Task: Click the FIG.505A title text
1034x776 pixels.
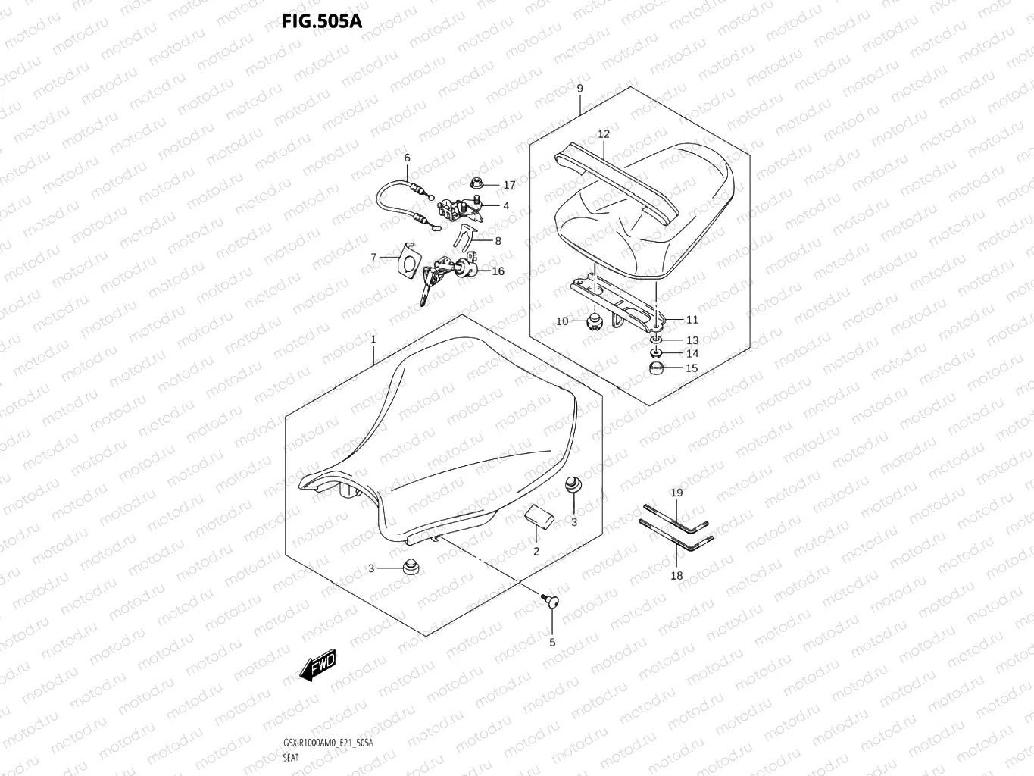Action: click(322, 21)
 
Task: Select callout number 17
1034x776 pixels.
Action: click(509, 185)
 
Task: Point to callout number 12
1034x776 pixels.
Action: click(603, 134)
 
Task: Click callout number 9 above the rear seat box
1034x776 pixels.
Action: click(579, 89)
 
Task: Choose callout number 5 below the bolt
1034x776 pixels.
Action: click(552, 642)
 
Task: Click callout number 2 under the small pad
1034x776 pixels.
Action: click(536, 551)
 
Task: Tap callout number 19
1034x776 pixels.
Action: click(676, 493)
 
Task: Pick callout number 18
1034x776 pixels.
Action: click(676, 575)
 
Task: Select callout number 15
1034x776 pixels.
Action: click(692, 368)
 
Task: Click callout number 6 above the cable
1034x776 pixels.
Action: click(407, 158)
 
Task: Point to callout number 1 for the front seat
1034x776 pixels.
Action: click(373, 340)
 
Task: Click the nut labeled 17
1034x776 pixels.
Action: click(478, 183)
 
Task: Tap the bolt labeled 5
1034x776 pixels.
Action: click(549, 602)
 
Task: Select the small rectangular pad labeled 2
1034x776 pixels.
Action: click(539, 518)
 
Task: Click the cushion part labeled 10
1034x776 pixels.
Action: click(592, 323)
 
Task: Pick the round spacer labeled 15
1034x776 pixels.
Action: click(658, 369)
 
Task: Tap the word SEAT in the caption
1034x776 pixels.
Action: click(291, 757)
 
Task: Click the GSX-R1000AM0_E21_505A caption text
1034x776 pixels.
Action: click(328, 743)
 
